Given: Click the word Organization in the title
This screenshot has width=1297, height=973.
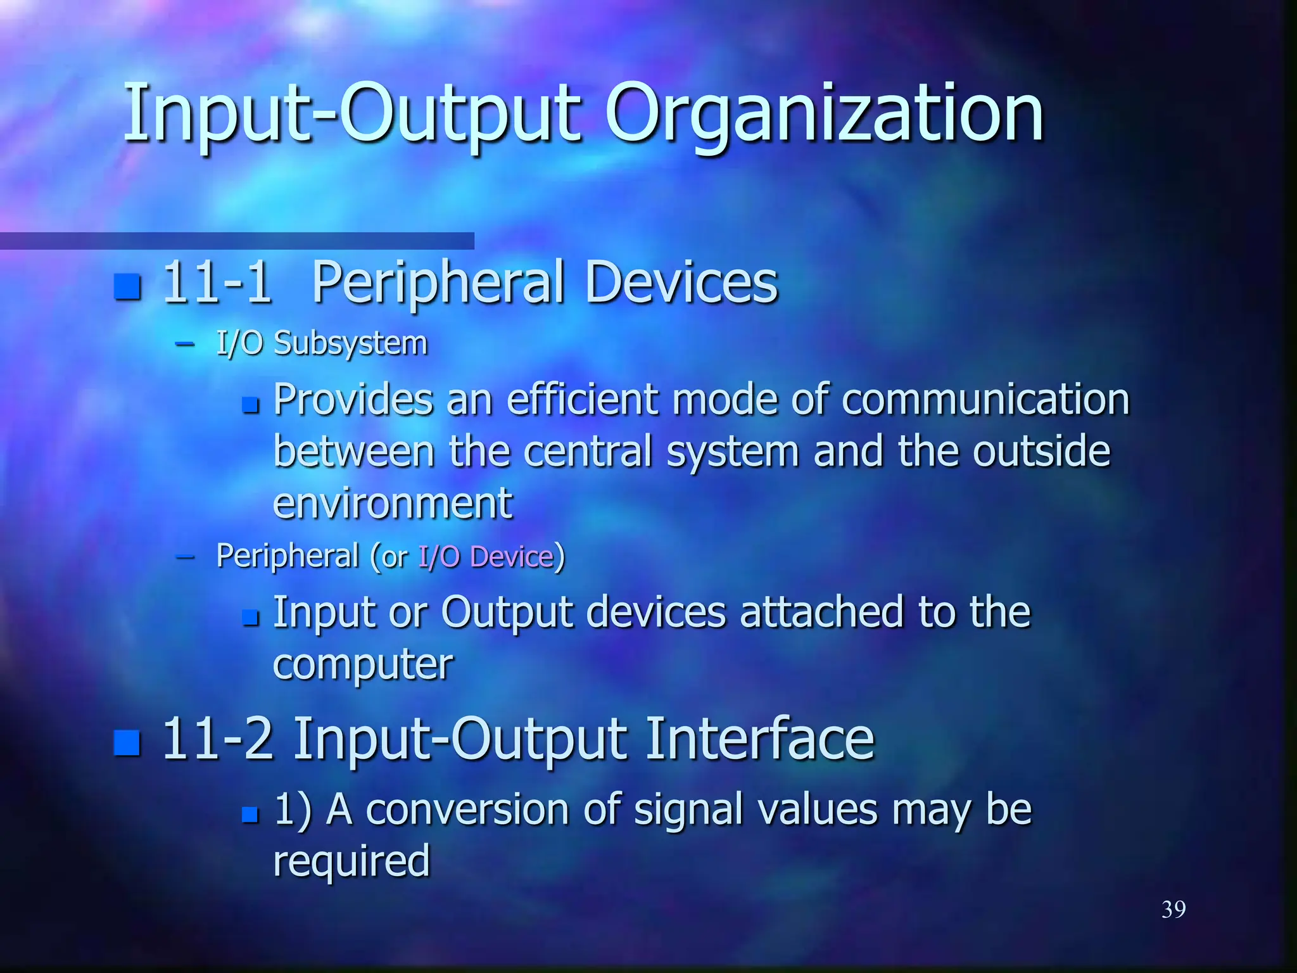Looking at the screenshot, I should point(823,114).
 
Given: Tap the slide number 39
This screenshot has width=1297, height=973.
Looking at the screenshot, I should point(1174,910).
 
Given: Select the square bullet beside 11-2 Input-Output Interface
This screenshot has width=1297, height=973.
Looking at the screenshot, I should point(127,742).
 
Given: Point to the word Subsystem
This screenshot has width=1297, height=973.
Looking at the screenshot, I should point(350,343).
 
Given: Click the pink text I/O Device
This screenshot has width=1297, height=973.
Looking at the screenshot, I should point(486,557).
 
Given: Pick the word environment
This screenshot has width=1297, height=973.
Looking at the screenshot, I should point(392,504).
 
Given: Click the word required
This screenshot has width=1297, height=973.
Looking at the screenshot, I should point(351,861).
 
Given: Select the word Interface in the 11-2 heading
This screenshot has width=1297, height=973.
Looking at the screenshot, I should point(759,739).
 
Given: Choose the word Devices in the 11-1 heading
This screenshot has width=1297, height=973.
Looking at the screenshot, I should point(681,283).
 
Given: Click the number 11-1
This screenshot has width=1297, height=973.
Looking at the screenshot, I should point(217,283).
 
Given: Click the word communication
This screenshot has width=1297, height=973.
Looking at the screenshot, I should point(985,400).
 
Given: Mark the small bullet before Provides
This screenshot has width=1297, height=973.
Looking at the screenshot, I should point(251,405).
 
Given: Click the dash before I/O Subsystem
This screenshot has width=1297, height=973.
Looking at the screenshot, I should point(184,344).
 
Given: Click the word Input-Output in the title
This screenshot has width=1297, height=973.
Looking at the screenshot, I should point(351,114).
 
